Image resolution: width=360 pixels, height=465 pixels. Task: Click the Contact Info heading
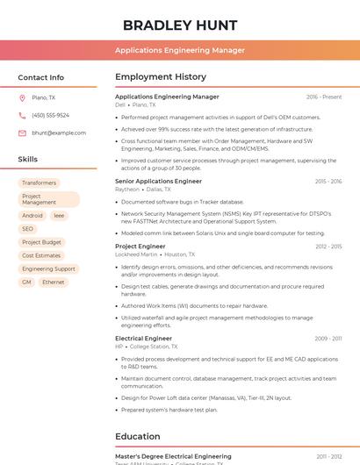(x=40, y=77)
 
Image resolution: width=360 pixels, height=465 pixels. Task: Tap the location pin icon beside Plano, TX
(x=22, y=97)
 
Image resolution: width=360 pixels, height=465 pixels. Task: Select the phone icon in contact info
(x=22, y=115)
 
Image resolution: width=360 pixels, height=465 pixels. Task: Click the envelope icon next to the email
(x=22, y=132)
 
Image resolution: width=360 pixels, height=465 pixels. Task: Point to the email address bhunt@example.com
(x=53, y=132)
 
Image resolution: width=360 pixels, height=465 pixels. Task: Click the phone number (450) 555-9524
(x=50, y=115)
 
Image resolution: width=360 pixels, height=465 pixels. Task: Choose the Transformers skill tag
(x=39, y=182)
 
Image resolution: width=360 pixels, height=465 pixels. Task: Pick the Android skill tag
(x=32, y=215)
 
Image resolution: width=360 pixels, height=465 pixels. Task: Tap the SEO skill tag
(x=28, y=228)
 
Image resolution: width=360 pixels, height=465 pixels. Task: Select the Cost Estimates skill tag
(x=41, y=255)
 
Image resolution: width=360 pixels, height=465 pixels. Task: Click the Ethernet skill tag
(x=54, y=282)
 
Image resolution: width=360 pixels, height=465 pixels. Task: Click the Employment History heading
(x=160, y=77)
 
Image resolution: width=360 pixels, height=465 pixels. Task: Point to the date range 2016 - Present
(x=324, y=97)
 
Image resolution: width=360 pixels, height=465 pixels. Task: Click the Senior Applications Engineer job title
(x=158, y=181)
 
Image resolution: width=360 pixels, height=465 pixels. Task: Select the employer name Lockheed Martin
(x=136, y=254)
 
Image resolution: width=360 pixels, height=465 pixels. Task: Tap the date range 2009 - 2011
(x=328, y=338)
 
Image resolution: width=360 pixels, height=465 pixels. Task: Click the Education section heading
(x=138, y=436)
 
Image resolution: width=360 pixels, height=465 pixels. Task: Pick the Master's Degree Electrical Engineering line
(x=173, y=456)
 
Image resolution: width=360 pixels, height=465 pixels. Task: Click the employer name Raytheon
(x=127, y=189)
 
